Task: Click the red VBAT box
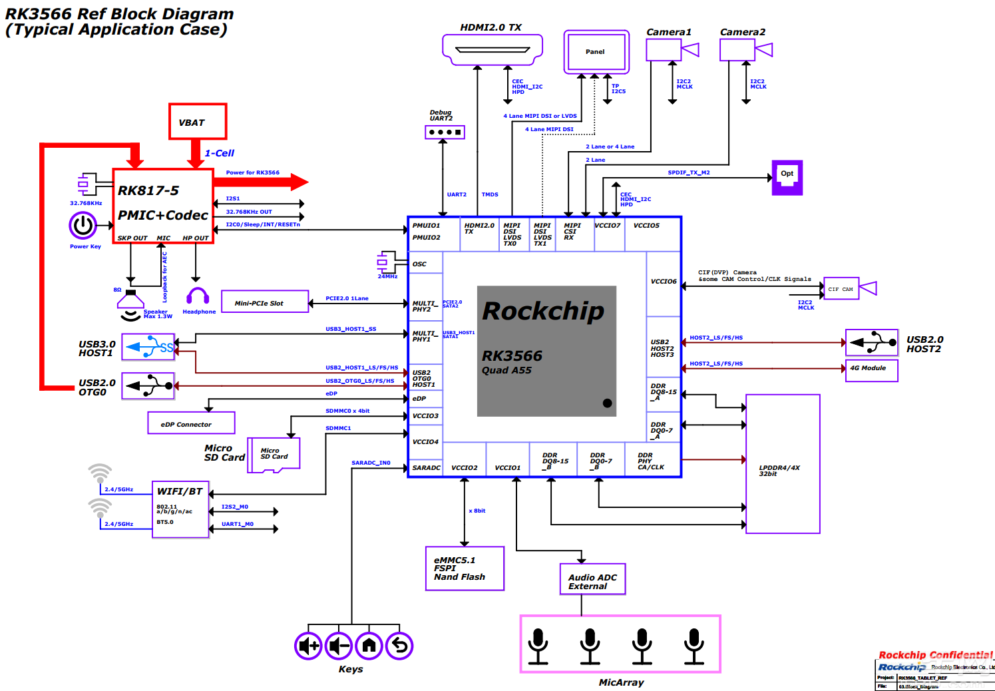pos(198,122)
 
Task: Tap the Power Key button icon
pos(83,226)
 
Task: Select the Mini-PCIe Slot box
pos(265,302)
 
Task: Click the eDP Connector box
pos(191,423)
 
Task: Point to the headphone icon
pos(198,296)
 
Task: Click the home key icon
pos(369,645)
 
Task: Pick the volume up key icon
pos(308,645)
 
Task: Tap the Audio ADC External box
pos(592,580)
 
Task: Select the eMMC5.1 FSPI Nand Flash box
pos(465,569)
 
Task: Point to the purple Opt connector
pos(787,177)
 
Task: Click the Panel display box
pos(596,52)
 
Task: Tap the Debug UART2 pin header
pos(445,132)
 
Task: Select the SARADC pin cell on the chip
pos(426,467)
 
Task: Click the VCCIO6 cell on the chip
pos(664,282)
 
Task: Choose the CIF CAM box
pos(841,289)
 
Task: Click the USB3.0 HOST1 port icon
pos(148,347)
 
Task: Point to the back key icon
pos(399,645)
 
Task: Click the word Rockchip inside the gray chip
pos(543,312)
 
